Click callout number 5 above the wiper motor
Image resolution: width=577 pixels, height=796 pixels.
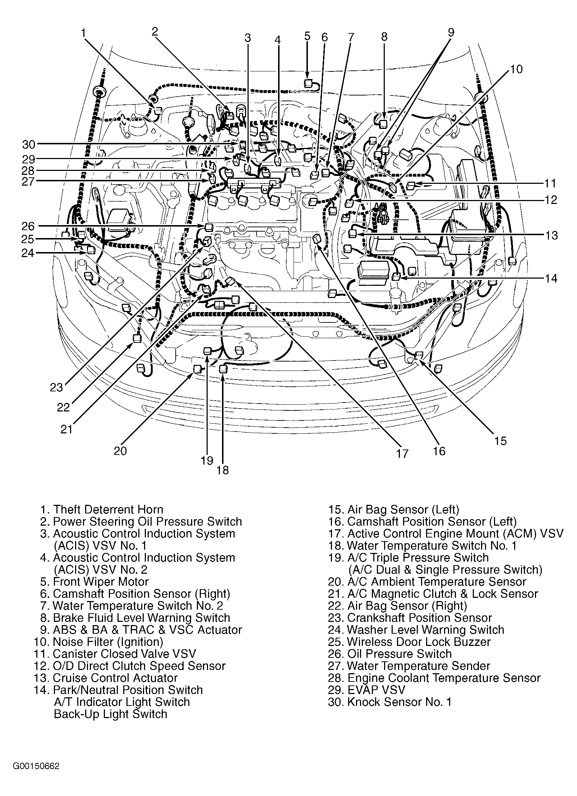coord(307,36)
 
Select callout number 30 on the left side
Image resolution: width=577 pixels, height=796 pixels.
coord(29,144)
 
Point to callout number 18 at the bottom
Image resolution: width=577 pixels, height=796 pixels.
coord(223,470)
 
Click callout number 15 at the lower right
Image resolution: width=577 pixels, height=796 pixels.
coord(500,441)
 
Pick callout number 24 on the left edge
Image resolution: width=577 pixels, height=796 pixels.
coord(27,253)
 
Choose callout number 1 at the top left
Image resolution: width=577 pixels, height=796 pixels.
coord(83,33)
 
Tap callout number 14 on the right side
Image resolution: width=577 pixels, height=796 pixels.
coord(550,278)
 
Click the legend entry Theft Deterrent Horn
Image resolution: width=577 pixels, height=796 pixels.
coord(108,509)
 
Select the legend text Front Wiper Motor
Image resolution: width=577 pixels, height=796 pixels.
coord(101,582)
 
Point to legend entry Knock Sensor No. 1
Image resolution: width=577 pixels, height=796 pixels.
coord(399,702)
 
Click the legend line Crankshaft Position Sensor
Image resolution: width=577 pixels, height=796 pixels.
coord(419,618)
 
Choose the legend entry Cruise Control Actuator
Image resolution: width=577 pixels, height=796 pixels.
coord(115,678)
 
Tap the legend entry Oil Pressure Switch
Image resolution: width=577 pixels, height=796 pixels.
coord(399,654)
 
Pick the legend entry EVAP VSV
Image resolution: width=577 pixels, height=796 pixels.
coord(376,690)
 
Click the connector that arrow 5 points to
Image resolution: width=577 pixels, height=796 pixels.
coord(308,84)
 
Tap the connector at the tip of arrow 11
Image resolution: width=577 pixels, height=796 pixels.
coord(411,185)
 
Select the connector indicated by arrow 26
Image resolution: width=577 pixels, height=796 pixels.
coord(208,227)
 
